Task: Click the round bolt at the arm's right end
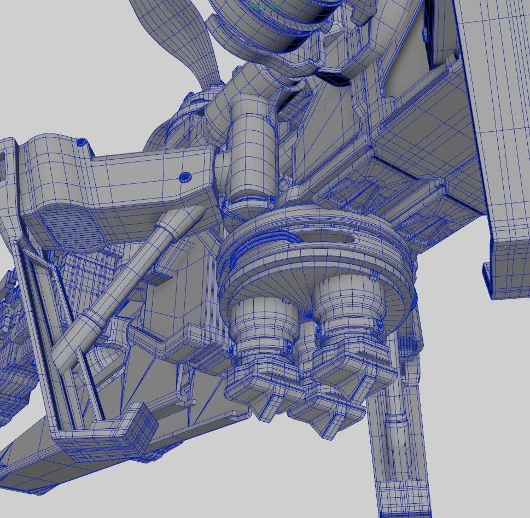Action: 185,177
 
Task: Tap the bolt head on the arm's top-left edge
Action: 82,142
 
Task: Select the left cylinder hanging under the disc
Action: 257,323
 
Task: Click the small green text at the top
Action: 265,5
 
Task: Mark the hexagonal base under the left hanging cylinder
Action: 263,383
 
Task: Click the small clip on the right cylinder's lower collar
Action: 377,327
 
